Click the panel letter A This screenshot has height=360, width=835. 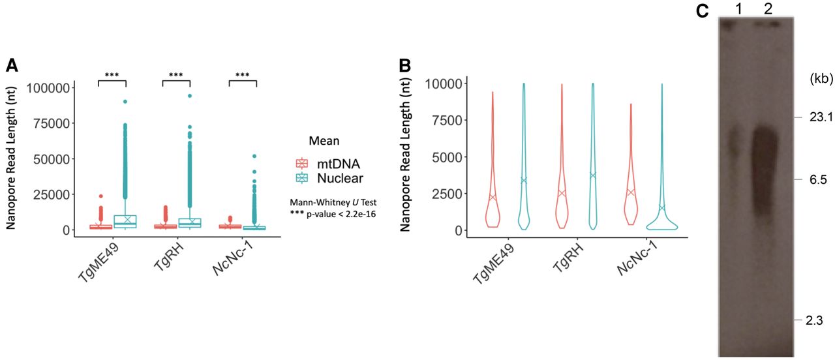(12, 65)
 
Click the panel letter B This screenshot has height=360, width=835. (404, 65)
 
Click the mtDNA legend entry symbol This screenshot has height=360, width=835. (301, 162)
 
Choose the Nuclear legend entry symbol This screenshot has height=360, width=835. (301, 177)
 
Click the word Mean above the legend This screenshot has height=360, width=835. (324, 140)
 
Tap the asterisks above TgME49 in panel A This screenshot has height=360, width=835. (112, 75)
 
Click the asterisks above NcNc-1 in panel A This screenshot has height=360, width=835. (243, 75)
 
